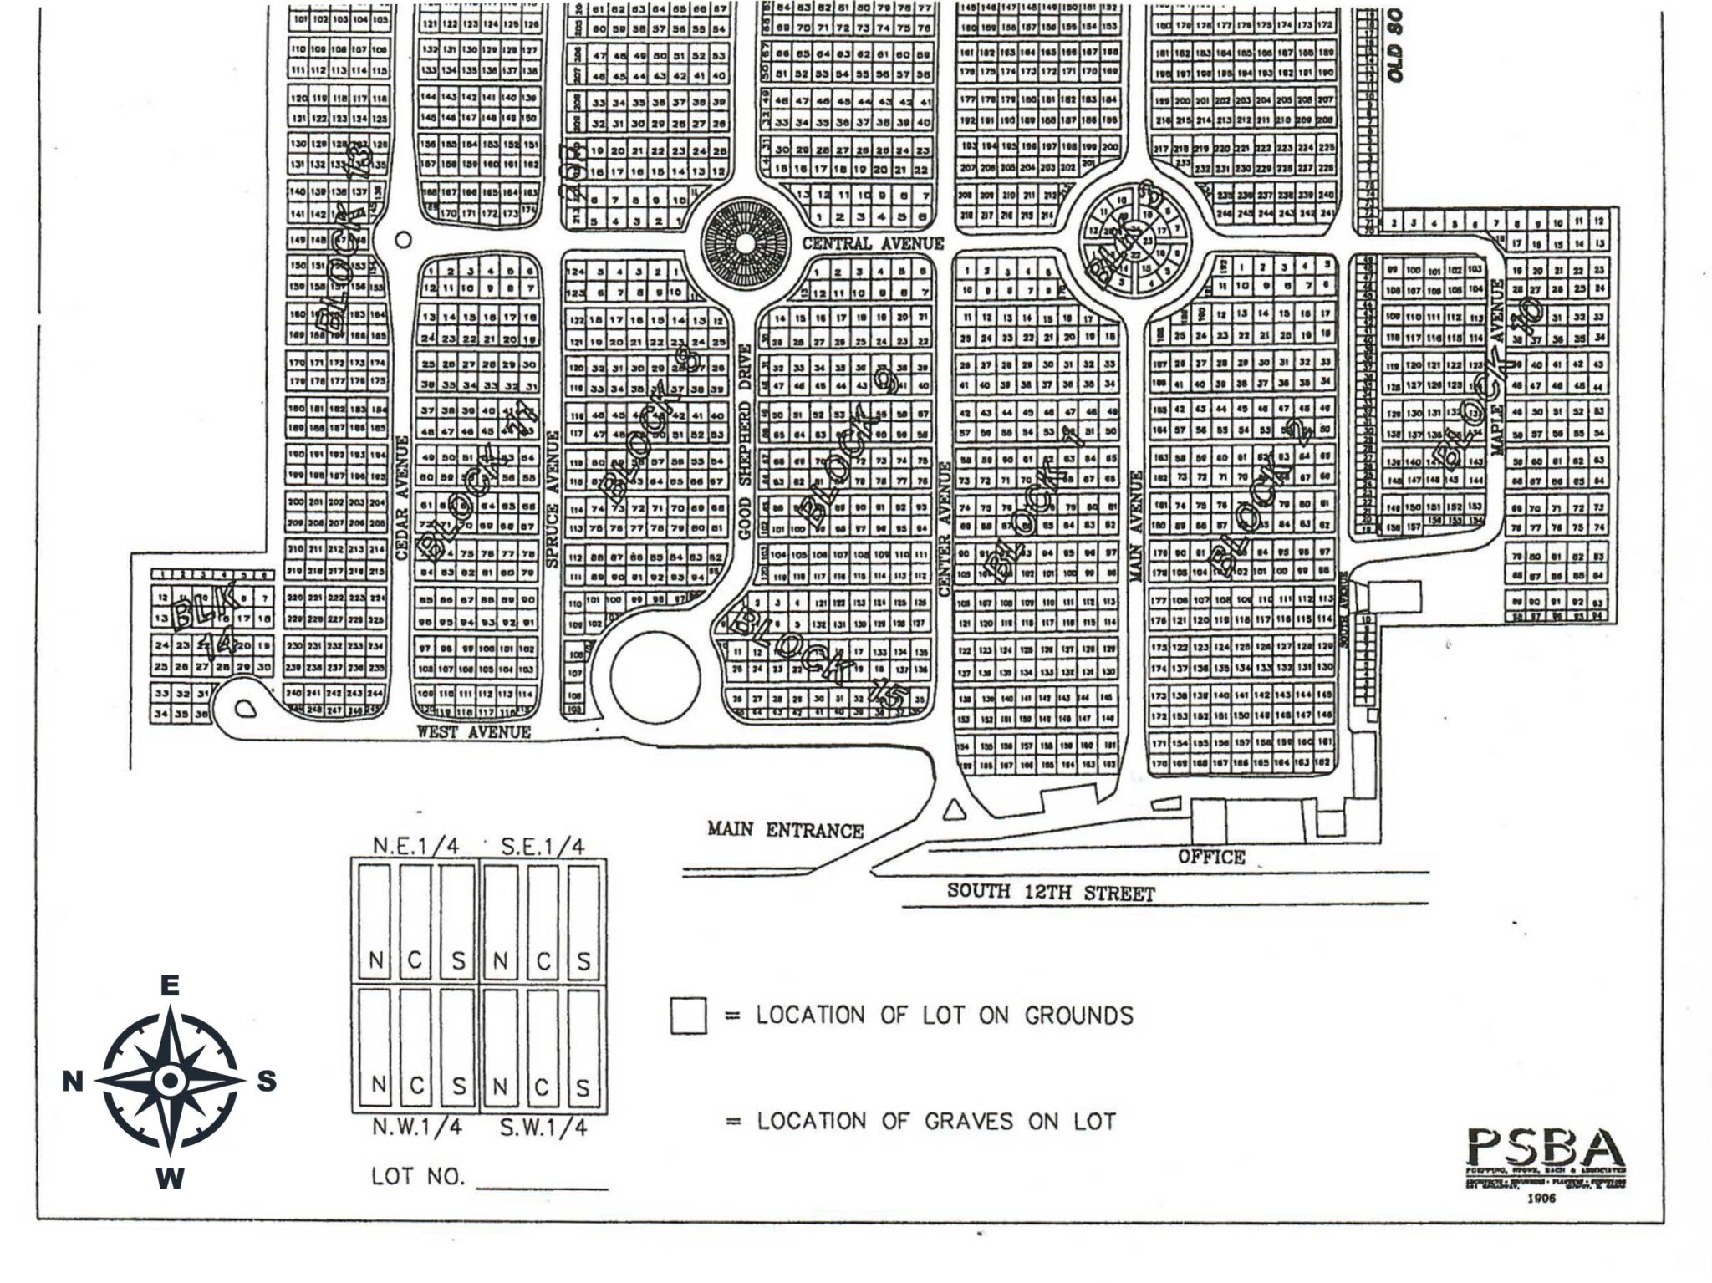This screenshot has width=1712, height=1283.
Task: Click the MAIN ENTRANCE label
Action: tap(784, 830)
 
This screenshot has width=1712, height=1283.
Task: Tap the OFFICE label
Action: tap(1211, 857)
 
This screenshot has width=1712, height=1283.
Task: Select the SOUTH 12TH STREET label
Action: tap(1051, 893)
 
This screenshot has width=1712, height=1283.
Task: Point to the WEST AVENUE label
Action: tap(474, 732)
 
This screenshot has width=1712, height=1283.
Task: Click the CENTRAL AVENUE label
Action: tap(872, 243)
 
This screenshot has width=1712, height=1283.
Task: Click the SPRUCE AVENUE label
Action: tap(551, 499)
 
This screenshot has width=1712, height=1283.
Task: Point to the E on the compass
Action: tap(170, 986)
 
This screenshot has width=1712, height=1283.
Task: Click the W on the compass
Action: tap(170, 1179)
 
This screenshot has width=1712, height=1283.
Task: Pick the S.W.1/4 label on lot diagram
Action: tap(543, 1128)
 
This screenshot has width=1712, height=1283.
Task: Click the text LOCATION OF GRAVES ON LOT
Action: tap(936, 1122)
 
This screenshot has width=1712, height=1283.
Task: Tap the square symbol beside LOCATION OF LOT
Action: tap(688, 1016)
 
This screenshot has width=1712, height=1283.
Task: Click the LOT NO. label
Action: tap(417, 1176)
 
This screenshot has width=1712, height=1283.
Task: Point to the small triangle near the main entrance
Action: tap(952, 809)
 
